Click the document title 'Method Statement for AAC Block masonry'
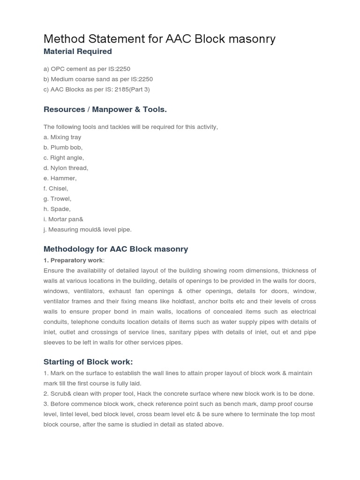(159, 38)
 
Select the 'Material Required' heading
(77, 52)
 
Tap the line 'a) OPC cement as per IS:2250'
(87, 69)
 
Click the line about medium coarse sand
(98, 79)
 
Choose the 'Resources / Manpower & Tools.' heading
(105, 110)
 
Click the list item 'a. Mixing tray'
(62, 137)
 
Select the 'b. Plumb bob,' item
(63, 148)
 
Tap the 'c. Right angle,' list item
(64, 158)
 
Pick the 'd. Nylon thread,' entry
(66, 168)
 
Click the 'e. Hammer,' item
(60, 179)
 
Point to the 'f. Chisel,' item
(56, 189)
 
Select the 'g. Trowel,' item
(57, 199)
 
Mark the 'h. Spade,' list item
(57, 210)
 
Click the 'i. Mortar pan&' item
(63, 219)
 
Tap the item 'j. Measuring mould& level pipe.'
(88, 230)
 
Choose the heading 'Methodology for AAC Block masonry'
(116, 249)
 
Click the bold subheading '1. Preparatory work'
(73, 260)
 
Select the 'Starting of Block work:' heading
(88, 362)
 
